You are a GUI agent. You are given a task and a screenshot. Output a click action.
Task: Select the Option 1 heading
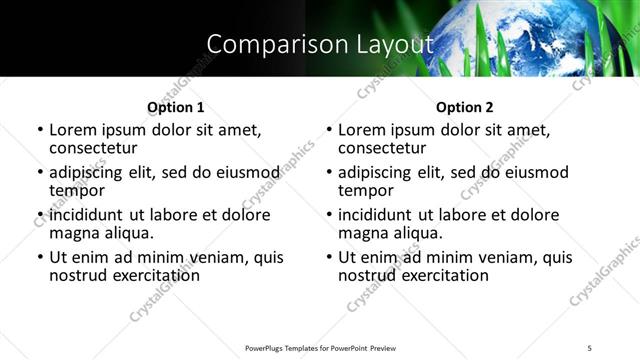(x=176, y=107)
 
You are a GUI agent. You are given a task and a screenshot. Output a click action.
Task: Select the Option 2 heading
(x=465, y=107)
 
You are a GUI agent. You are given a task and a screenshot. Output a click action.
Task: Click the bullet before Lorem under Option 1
(x=40, y=130)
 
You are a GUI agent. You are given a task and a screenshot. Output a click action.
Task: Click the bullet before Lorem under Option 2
(x=329, y=130)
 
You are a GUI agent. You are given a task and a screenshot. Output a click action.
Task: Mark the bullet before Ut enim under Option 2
(x=329, y=257)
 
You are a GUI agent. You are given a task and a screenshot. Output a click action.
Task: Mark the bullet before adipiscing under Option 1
(x=40, y=172)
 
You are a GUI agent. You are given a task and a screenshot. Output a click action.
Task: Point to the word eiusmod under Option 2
(x=534, y=172)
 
